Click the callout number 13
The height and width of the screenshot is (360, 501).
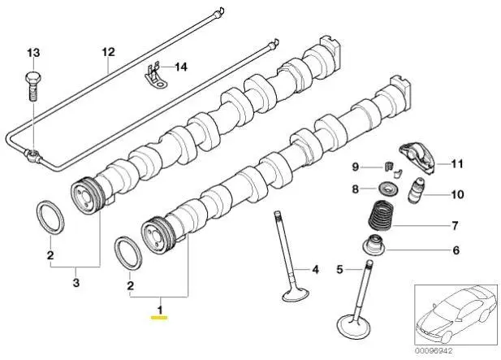[32, 53]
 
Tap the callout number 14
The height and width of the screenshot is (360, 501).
[180, 67]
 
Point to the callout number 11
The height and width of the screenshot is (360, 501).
[456, 164]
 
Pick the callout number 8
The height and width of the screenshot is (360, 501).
[355, 189]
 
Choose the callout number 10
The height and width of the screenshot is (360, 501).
[456, 195]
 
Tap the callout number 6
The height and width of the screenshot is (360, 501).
[456, 250]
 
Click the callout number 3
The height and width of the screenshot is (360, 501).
[76, 283]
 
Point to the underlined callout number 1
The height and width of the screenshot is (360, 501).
[161, 310]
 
